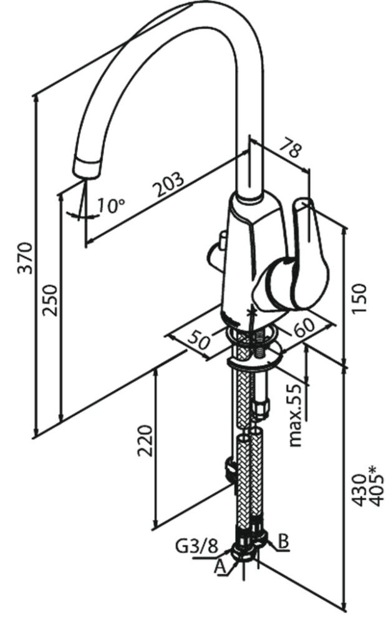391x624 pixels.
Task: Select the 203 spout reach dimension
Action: [x=170, y=185]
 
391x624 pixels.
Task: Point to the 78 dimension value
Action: [x=291, y=149]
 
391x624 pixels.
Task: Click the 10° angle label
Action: [x=112, y=205]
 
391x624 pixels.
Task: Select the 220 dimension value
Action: [x=145, y=441]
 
